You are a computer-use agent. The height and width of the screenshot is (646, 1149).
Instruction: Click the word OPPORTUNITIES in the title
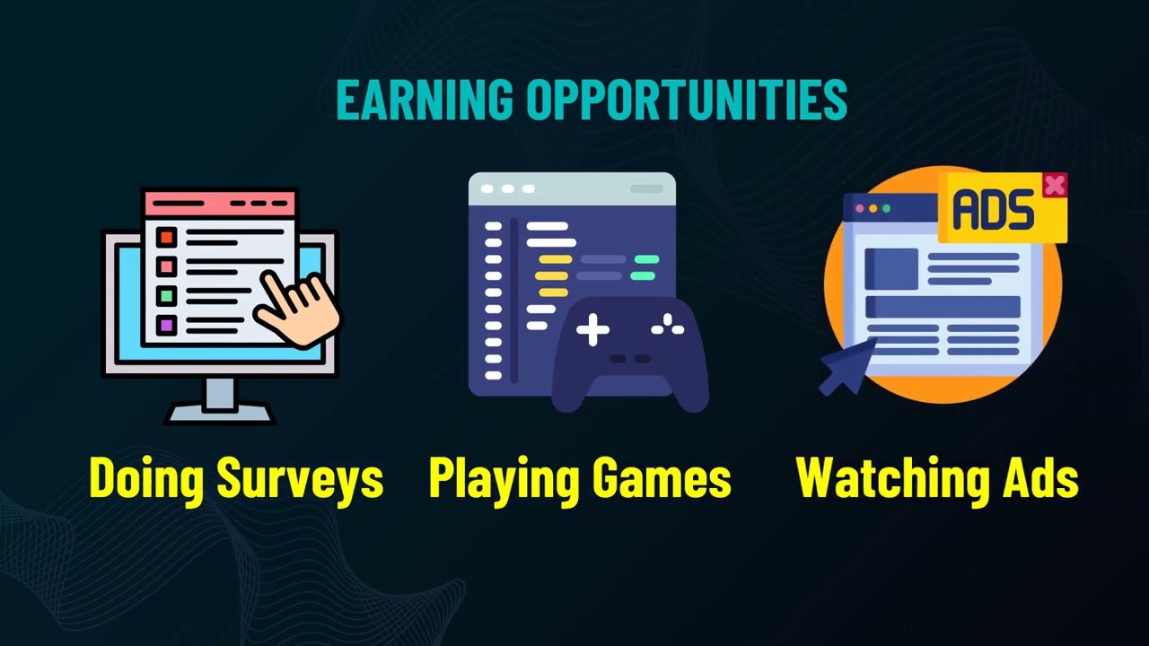click(x=687, y=99)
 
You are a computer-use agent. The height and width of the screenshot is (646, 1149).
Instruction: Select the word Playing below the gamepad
click(x=500, y=479)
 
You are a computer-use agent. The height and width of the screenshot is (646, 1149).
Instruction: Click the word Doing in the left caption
click(x=148, y=479)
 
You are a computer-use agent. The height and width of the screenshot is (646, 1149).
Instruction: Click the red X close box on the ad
click(x=1055, y=185)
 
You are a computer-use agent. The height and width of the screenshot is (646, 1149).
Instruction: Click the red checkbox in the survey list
click(x=166, y=238)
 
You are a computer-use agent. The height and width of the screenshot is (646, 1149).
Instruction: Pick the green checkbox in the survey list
click(x=166, y=295)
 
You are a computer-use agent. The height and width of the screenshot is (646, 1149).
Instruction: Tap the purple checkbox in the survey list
click(x=166, y=324)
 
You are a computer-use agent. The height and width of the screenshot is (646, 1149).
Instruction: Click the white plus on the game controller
click(x=592, y=330)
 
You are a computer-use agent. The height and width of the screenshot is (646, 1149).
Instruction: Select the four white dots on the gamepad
click(x=668, y=328)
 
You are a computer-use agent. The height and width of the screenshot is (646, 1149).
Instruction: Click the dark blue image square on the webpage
click(x=890, y=268)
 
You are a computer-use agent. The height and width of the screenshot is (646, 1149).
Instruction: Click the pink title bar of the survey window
click(x=220, y=202)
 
